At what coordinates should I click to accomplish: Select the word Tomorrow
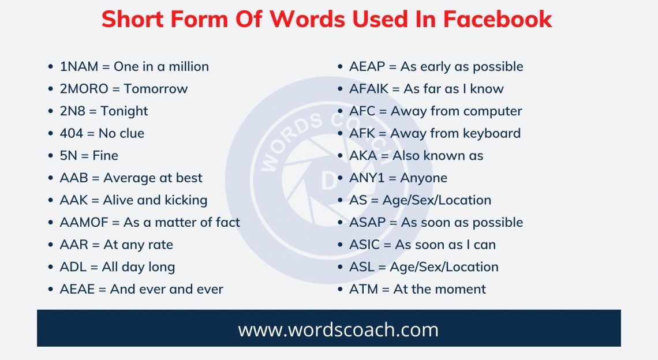[x=156, y=89]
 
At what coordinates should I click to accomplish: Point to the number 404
[x=72, y=134]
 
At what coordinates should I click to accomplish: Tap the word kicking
[x=186, y=201]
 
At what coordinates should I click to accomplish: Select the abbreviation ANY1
[x=367, y=178]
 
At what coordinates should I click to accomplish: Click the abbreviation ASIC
[x=365, y=245]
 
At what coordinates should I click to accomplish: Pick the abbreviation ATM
[x=364, y=290]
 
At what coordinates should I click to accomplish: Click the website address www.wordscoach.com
[x=338, y=330]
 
